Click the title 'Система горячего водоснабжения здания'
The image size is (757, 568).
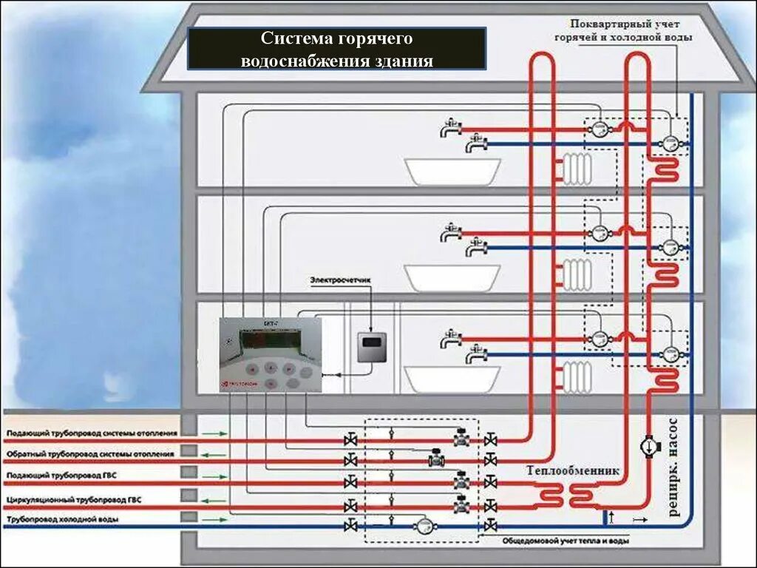coord(336,49)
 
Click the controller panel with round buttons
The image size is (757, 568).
coord(271,355)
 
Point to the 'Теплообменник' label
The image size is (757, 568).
coord(573,470)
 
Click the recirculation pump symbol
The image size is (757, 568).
coord(649,447)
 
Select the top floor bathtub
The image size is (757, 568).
coord(452,171)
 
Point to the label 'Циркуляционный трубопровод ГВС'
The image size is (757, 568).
coord(73,500)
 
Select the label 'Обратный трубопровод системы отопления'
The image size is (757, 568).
coord(90,453)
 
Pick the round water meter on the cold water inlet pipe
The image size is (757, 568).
coord(424,525)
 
